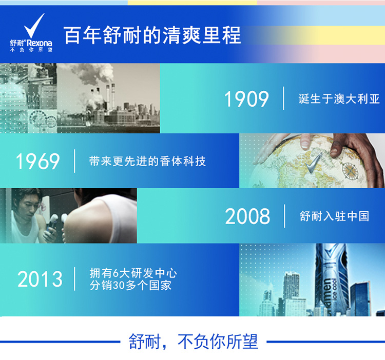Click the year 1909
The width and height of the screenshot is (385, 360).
tap(246, 98)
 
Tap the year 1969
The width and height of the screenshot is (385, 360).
tap(37, 161)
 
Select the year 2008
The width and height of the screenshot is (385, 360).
tap(247, 216)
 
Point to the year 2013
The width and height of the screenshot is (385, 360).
tap(40, 279)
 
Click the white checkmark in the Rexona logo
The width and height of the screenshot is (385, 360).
tap(34, 26)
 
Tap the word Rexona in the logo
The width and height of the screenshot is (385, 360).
tap(40, 43)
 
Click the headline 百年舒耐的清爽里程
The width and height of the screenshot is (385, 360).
tap(152, 35)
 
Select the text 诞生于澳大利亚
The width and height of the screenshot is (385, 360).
tap(339, 98)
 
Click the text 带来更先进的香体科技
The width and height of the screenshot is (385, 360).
tap(147, 161)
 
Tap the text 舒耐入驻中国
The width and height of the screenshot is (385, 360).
tap(334, 216)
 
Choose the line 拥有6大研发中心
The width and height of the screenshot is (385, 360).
tap(133, 273)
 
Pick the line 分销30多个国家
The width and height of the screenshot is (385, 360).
tap(130, 285)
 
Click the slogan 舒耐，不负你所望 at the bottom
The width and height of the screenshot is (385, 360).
tap(193, 342)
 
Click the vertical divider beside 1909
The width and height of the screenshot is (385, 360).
tap(283, 98)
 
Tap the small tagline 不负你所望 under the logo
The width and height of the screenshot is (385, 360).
tap(31, 50)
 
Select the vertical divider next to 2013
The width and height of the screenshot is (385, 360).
tap(74, 279)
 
